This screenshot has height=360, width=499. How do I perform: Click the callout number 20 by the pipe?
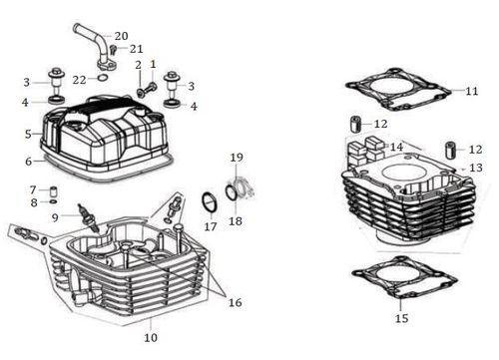[121, 36]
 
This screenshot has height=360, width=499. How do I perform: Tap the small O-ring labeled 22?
[103, 78]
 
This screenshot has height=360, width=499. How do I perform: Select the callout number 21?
[136, 49]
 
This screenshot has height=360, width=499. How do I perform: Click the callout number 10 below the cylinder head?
[151, 338]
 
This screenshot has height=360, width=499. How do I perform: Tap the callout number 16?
[235, 302]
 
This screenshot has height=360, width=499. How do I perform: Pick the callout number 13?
[476, 168]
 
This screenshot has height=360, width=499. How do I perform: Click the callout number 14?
[396, 147]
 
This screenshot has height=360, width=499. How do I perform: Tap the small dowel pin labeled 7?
[53, 192]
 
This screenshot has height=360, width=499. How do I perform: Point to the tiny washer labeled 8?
[53, 201]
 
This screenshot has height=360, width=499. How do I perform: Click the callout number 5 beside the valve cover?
[28, 135]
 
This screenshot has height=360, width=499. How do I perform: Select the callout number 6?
[29, 162]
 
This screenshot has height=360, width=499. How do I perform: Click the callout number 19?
[237, 158]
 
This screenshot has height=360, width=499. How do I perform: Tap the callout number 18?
[235, 221]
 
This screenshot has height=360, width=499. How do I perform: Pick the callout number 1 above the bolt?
[153, 64]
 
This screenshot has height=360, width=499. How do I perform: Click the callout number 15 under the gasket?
[401, 318]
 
